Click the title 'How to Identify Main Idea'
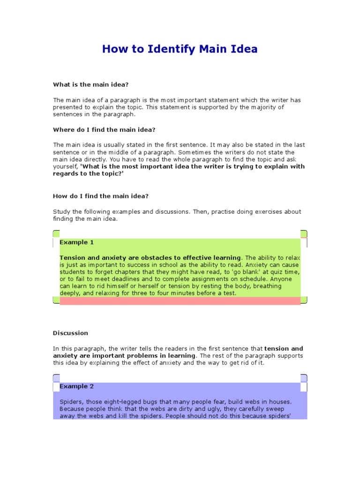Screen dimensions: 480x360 pos(180,49)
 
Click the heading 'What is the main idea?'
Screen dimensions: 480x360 pos(90,84)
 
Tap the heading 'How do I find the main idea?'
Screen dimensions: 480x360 pos(100,196)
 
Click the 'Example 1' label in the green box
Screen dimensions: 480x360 pos(76,242)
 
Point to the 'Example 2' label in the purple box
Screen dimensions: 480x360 pos(76,386)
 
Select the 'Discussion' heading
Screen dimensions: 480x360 pos(70,333)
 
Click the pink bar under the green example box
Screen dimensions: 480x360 pos(180,301)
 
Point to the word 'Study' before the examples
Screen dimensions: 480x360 pos(61,211)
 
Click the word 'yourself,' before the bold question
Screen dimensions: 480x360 pos(66,166)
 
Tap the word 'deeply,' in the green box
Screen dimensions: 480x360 pos(70,293)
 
